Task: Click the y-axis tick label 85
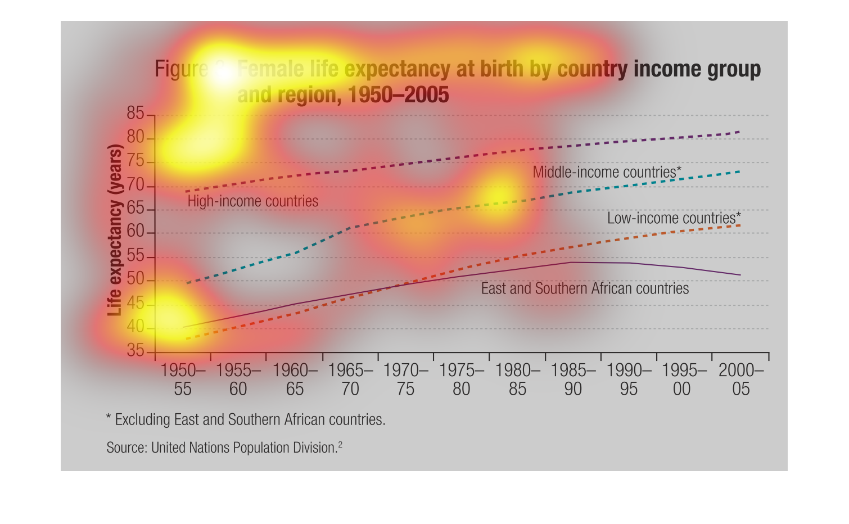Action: pos(136,114)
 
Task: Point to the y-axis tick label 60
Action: pos(136,232)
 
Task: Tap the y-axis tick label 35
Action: pos(136,351)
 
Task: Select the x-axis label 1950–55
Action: pos(183,380)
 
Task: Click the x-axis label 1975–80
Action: pos(461,380)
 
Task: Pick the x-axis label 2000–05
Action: pos(741,380)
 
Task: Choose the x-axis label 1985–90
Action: pos(573,380)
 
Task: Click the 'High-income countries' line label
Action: pos(252,201)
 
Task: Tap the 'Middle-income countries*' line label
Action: pos(607,172)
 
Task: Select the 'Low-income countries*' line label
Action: pos(674,218)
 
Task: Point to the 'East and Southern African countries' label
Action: pos(585,289)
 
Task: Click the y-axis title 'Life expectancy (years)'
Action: pos(115,231)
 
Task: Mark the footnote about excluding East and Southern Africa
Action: pos(246,420)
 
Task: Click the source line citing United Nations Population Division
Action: pos(224,448)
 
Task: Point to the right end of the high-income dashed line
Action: pos(739,132)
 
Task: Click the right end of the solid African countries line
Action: pos(740,275)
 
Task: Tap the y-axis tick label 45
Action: pos(136,304)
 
